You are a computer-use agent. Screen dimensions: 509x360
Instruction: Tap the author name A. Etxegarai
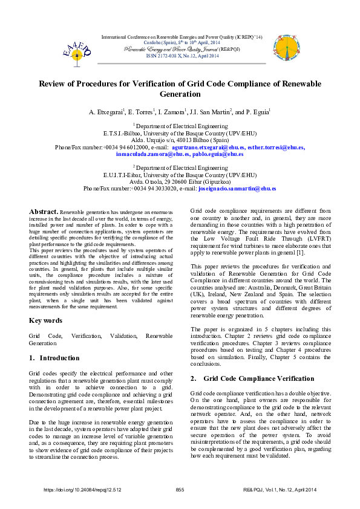[106, 112]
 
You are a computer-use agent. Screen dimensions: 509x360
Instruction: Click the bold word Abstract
[44, 212]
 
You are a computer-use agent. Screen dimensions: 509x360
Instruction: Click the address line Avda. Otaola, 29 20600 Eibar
[180, 181]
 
